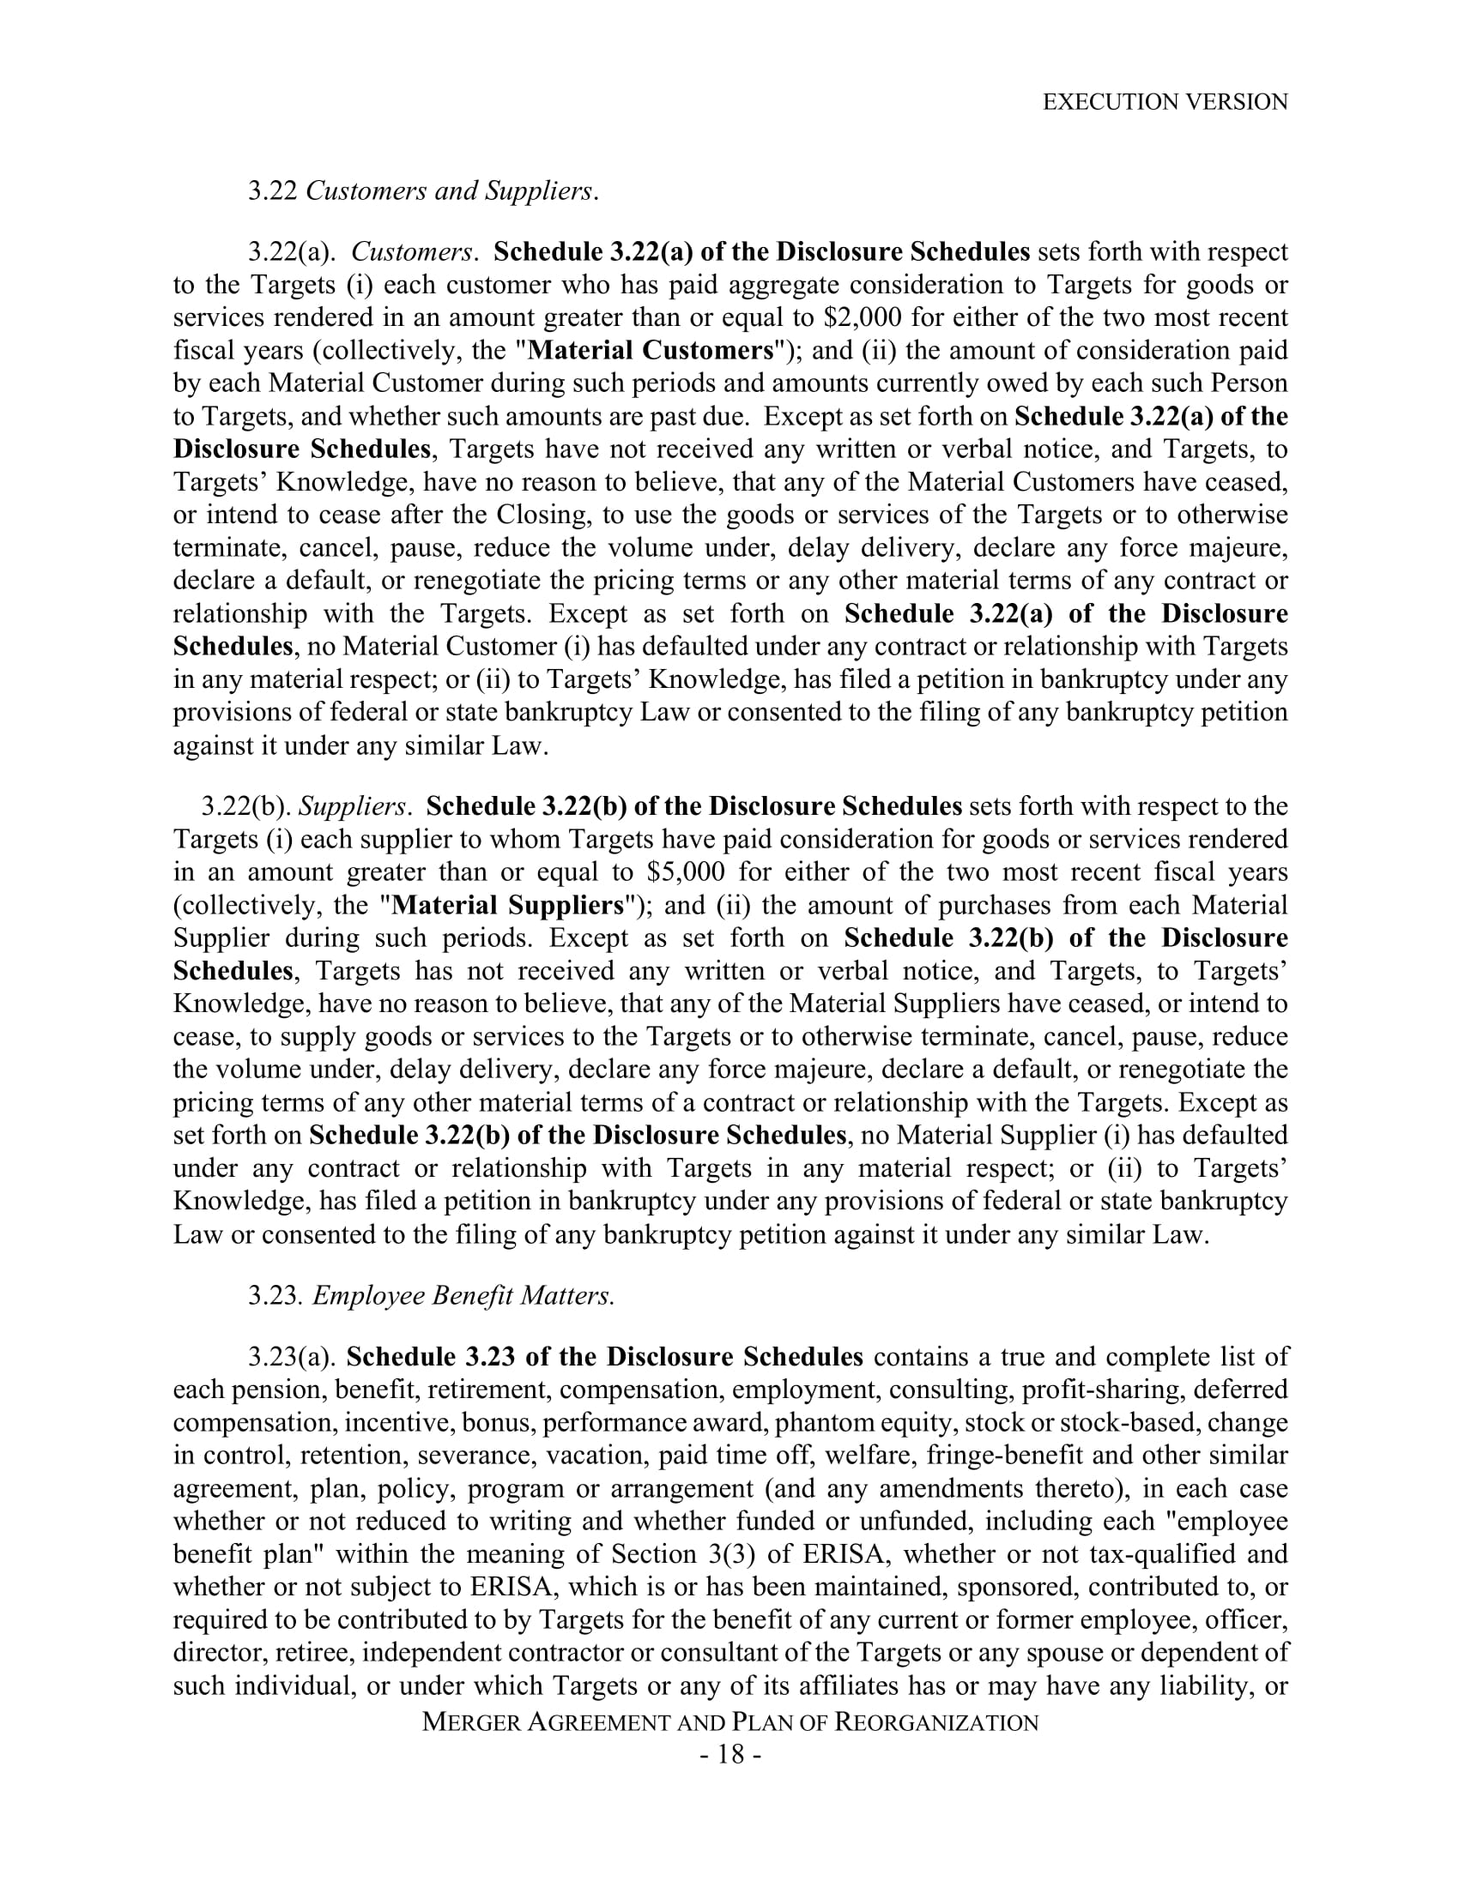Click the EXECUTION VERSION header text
tap(1165, 102)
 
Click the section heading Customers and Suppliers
tap(451, 191)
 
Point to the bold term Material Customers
tap(651, 351)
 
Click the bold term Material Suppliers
tap(507, 906)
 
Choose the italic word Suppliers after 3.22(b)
tap(352, 806)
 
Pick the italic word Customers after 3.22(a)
tap(411, 252)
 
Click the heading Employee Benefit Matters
tap(463, 1296)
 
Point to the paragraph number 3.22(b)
tap(245, 806)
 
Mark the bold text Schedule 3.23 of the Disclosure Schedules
tap(604, 1358)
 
